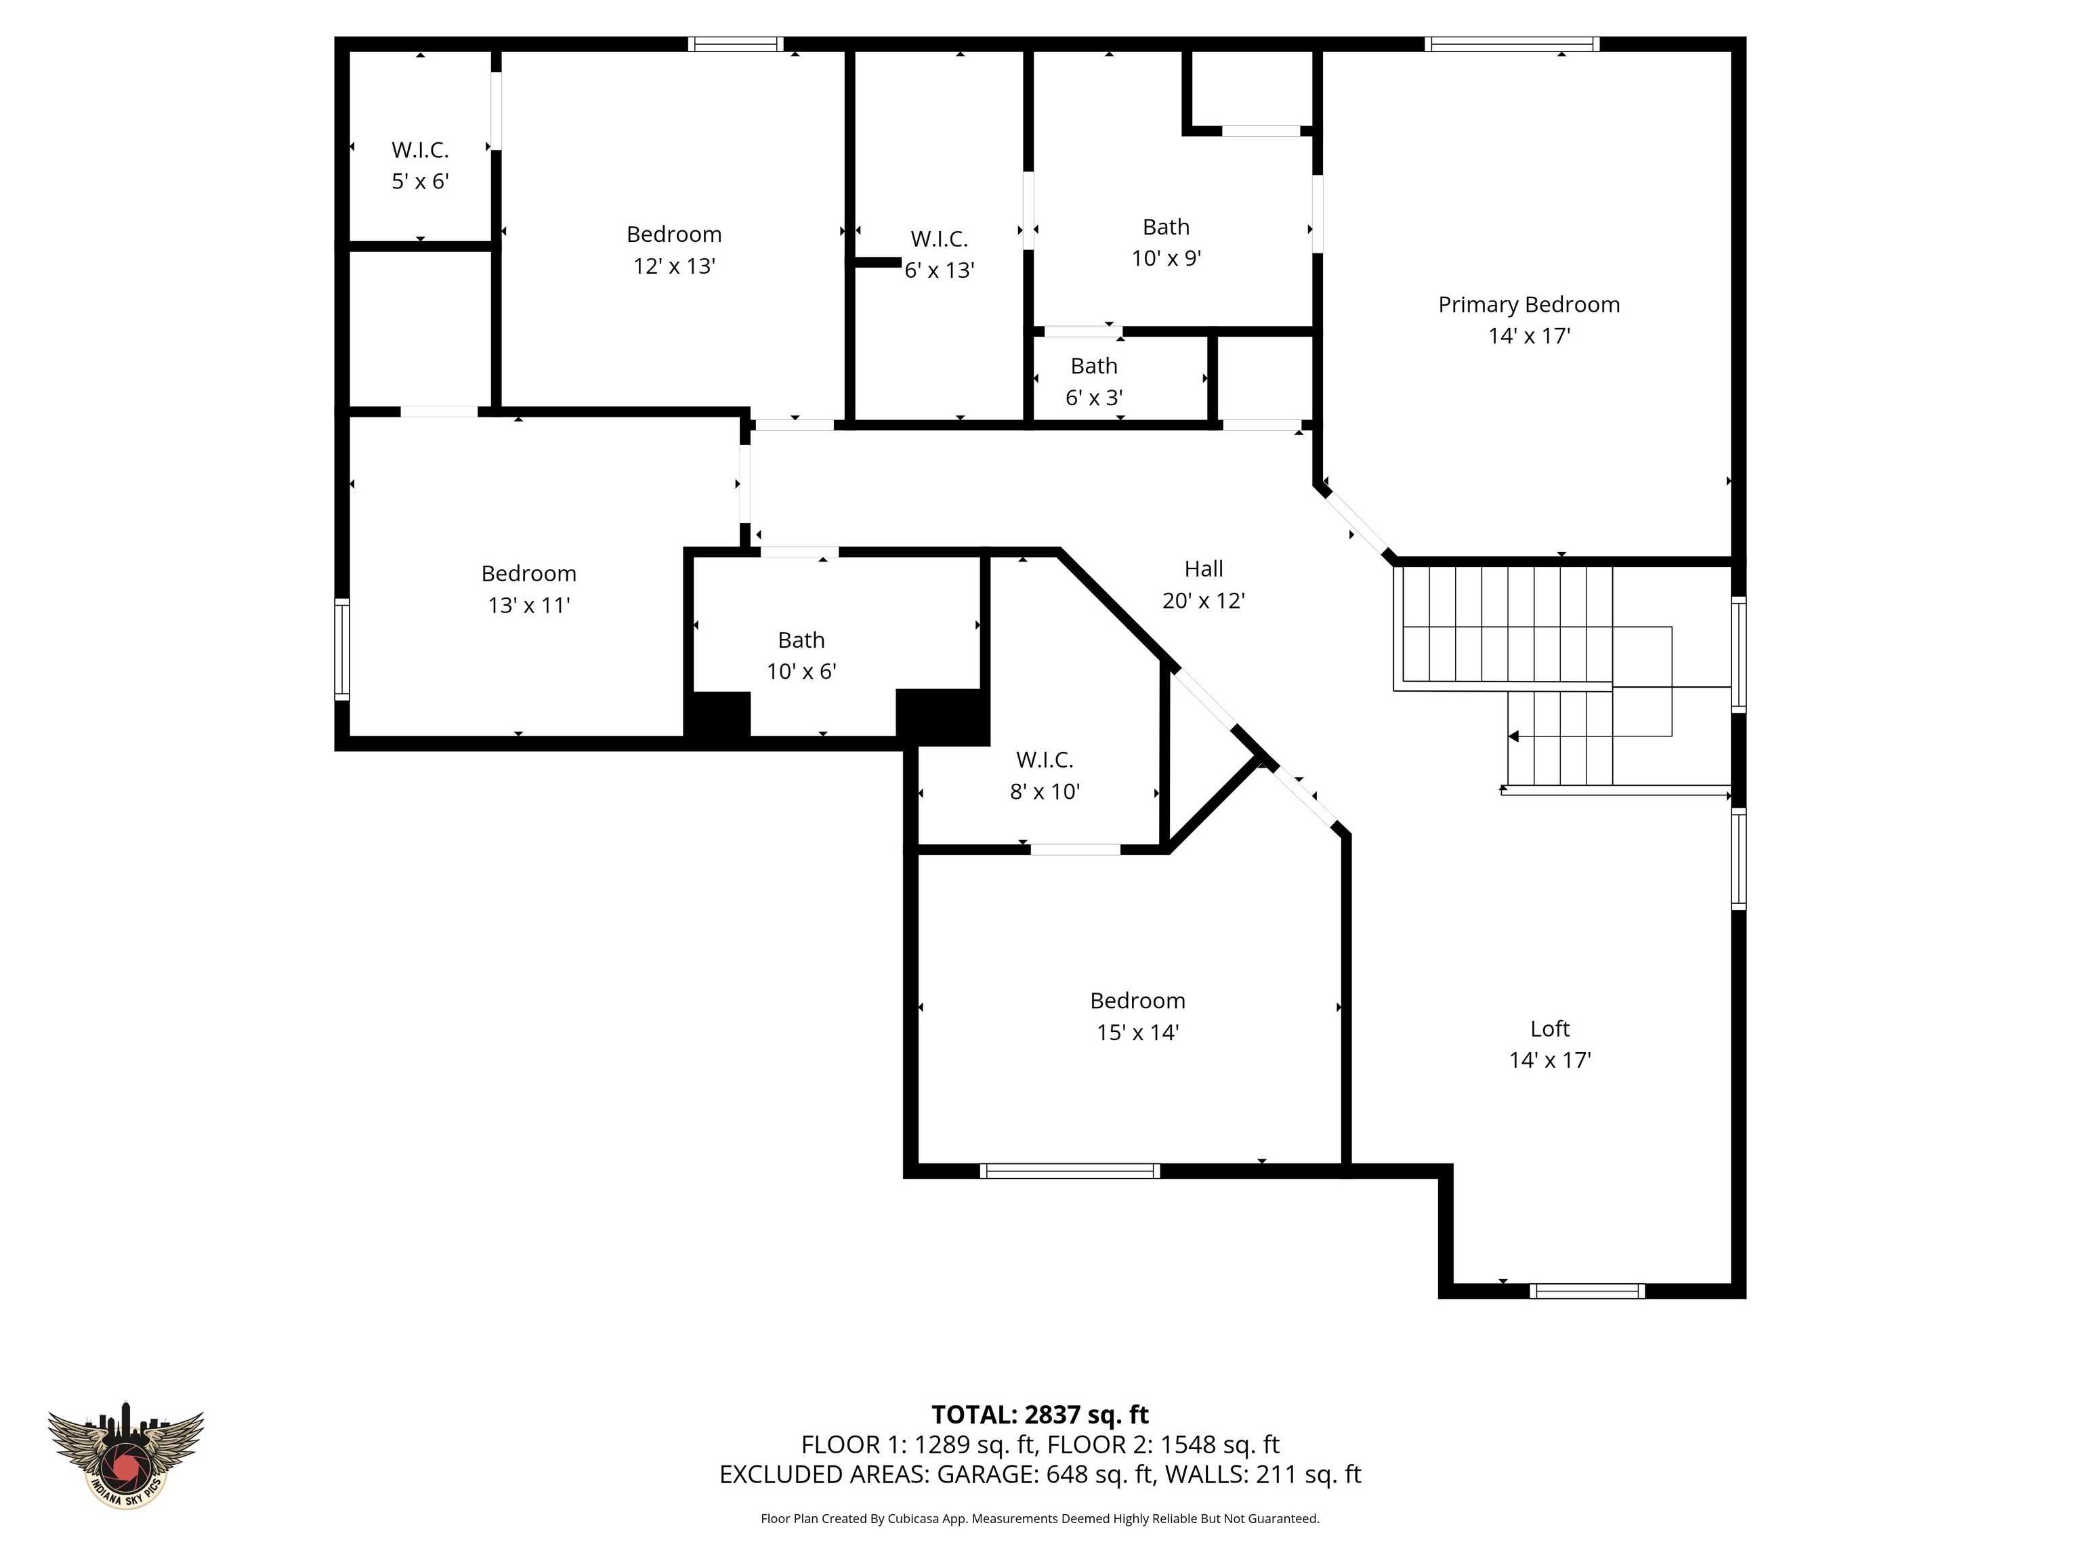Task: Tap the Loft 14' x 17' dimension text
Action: click(x=1549, y=1060)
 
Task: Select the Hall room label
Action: click(x=1203, y=568)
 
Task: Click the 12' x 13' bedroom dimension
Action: click(x=673, y=266)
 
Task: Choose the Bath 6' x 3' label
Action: click(x=1093, y=365)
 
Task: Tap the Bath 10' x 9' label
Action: click(x=1166, y=227)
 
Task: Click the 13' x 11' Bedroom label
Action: click(x=528, y=573)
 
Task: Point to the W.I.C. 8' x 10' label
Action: click(x=1045, y=759)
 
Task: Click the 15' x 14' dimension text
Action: click(x=1137, y=1033)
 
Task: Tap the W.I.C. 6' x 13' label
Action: click(x=939, y=239)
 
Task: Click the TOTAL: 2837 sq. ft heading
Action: click(x=1040, y=1414)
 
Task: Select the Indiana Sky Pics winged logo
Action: click(x=125, y=1454)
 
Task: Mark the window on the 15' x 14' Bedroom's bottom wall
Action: click(x=1070, y=1171)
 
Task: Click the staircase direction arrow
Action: click(x=1513, y=736)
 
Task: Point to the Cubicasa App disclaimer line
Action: click(x=1040, y=1518)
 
